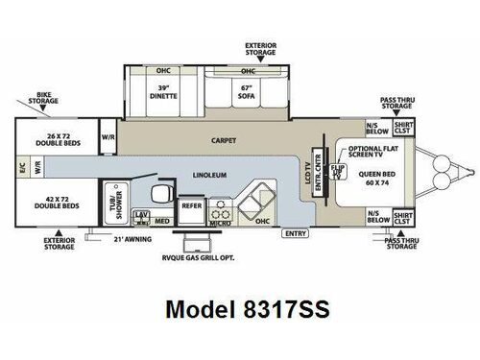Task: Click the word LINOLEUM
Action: [x=209, y=176]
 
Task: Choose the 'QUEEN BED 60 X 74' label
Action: [x=372, y=179]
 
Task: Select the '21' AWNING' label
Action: [x=133, y=237]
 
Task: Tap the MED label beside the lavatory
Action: [x=163, y=221]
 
